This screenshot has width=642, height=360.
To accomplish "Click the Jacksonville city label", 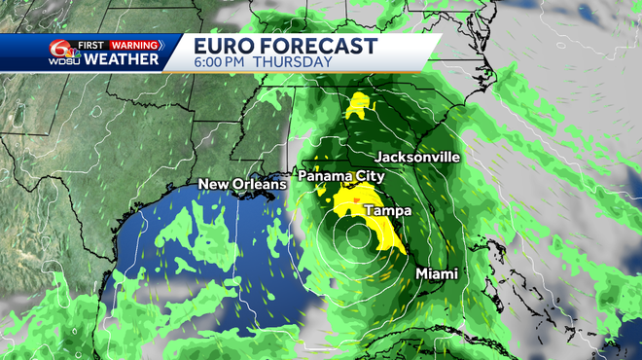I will pos(417,157).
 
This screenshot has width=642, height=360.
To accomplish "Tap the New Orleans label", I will pos(242,184).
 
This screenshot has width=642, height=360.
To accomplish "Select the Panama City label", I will pos(340,176).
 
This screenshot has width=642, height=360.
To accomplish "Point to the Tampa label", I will pos(387,210).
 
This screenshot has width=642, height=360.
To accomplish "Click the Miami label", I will pos(437,273).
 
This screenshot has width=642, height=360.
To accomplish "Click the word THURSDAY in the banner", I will pos(293,62).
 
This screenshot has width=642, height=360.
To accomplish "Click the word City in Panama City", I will pos(366,176).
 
